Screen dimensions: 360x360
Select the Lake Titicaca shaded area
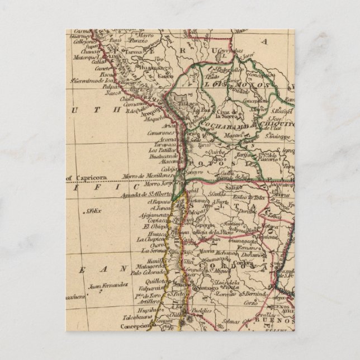pyautogui.click(x=181, y=104)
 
